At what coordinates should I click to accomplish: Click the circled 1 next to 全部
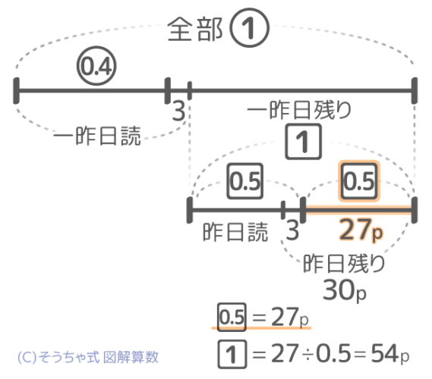(249, 28)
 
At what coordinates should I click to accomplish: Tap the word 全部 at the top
(195, 29)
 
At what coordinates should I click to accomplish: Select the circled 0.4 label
(96, 66)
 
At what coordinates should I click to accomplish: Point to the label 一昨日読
(97, 136)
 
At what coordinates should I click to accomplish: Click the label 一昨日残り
(299, 110)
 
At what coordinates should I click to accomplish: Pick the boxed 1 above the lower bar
(304, 142)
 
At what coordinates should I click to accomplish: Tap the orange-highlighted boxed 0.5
(359, 181)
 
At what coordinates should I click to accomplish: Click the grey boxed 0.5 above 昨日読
(245, 181)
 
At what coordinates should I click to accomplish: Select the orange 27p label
(361, 229)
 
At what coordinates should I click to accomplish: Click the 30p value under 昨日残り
(345, 290)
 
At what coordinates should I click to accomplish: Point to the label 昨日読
(235, 232)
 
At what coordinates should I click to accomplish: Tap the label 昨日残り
(344, 263)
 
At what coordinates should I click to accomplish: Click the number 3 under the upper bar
(178, 111)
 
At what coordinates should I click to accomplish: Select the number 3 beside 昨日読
(292, 230)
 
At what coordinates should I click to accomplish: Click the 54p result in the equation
(390, 354)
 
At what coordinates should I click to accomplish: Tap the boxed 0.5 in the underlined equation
(232, 317)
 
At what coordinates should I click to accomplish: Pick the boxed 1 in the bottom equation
(232, 354)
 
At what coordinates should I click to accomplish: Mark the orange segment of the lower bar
(358, 210)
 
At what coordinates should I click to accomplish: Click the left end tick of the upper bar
(16, 91)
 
